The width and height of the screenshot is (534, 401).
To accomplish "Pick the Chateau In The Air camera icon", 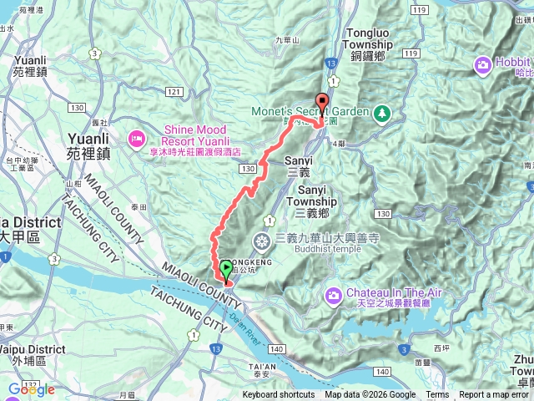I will [334, 293].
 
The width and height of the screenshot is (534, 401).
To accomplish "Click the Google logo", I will [32, 389].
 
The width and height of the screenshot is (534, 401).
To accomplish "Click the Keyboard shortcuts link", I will [279, 395].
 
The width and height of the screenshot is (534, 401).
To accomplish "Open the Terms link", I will [437, 395].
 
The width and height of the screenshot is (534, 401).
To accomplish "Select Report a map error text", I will [495, 395].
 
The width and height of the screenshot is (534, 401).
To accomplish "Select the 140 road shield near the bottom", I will [383, 370].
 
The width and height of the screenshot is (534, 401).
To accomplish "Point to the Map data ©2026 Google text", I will [370, 395].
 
